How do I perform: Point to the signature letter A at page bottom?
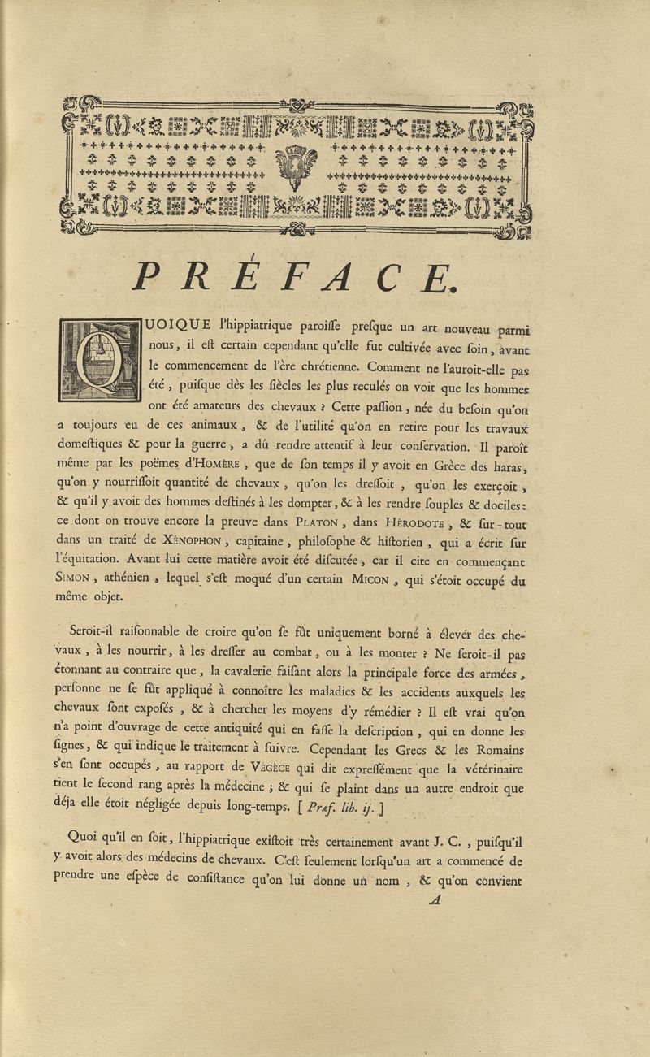[435, 898]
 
